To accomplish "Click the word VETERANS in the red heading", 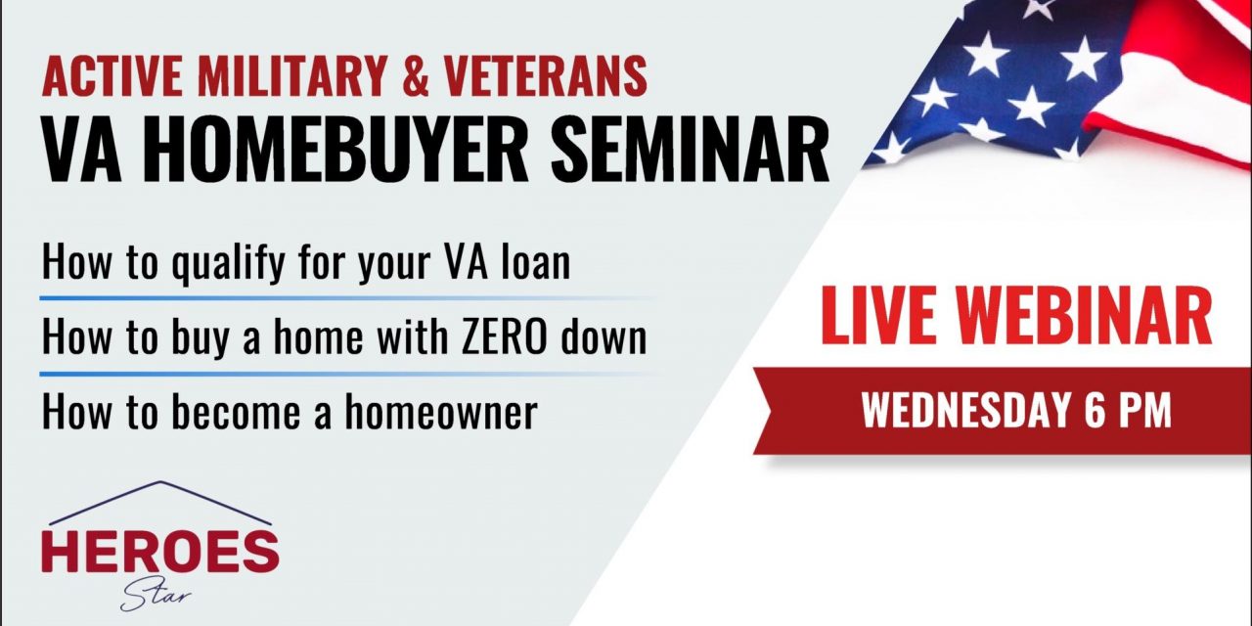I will pyautogui.click(x=552, y=76).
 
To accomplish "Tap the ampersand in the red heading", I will pyautogui.click(x=416, y=76).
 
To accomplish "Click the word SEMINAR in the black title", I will pyautogui.click(x=690, y=152).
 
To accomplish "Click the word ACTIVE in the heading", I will pyautogui.click(x=105, y=76).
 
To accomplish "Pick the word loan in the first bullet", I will pyautogui.click(x=536, y=264).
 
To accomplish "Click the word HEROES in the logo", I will pyautogui.click(x=159, y=553).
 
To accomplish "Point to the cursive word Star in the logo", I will pyautogui.click(x=156, y=594).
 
